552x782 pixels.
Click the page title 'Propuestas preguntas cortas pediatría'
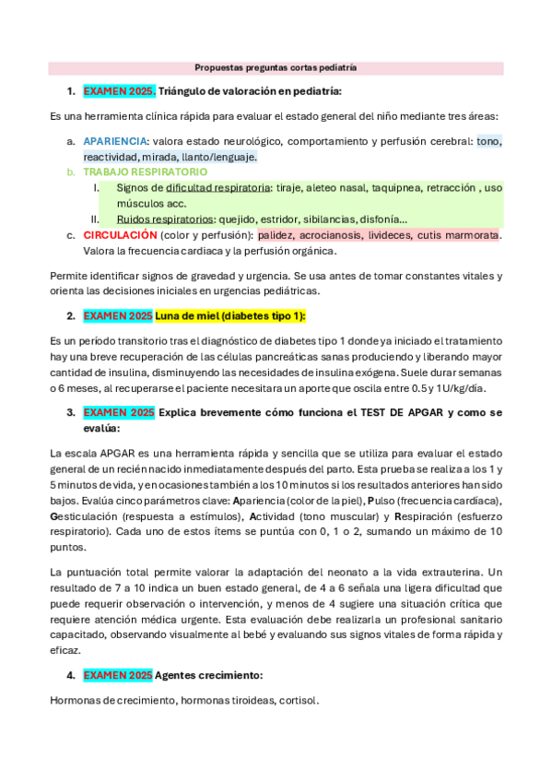[x=276, y=68]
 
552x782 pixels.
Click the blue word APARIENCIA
[x=114, y=141]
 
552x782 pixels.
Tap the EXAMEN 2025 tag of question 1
[x=119, y=91]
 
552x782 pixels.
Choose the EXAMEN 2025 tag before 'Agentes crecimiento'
[x=119, y=675]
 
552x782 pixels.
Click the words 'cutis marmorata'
[x=457, y=235]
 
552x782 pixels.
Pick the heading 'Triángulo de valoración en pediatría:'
[x=250, y=91]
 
